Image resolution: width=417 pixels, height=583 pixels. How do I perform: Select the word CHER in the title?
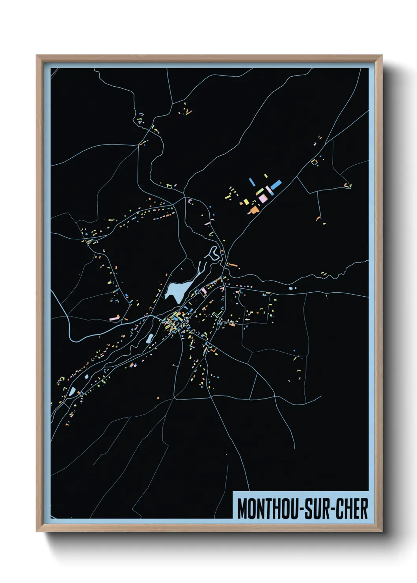pos(352,509)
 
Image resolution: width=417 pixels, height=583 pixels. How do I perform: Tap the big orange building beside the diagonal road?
pos(254,210)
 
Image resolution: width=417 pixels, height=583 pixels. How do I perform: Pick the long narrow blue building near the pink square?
pos(252,182)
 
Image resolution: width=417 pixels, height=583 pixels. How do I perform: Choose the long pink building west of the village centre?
pos(114,317)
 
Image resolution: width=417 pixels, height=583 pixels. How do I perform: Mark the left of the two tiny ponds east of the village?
pos(290,288)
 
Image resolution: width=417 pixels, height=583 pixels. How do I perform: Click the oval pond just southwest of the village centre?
pos(150,338)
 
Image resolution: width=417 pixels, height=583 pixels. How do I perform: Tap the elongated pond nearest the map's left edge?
pos(72,391)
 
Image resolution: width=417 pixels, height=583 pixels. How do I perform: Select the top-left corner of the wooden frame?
pos(37,56)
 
